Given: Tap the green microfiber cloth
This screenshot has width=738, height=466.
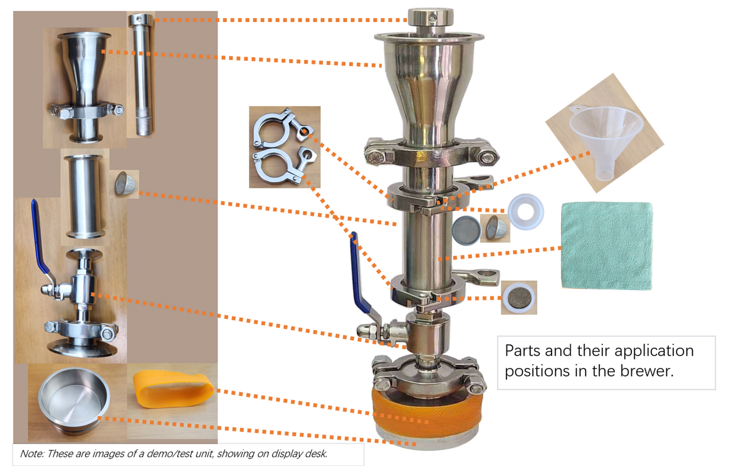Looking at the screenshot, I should point(607,245).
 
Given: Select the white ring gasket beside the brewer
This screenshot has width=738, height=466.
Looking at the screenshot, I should point(526,212).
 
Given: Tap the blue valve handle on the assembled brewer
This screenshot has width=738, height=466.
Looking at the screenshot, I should point(361,276).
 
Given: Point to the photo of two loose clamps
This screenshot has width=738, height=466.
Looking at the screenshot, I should point(284,147).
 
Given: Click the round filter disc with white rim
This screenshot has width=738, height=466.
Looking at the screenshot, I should point(519,297).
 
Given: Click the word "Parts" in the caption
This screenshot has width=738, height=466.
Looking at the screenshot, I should point(523,351).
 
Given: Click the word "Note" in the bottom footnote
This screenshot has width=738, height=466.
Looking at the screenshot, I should point(32,454).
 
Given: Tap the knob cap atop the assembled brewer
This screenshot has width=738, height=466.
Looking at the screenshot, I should point(431,18).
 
